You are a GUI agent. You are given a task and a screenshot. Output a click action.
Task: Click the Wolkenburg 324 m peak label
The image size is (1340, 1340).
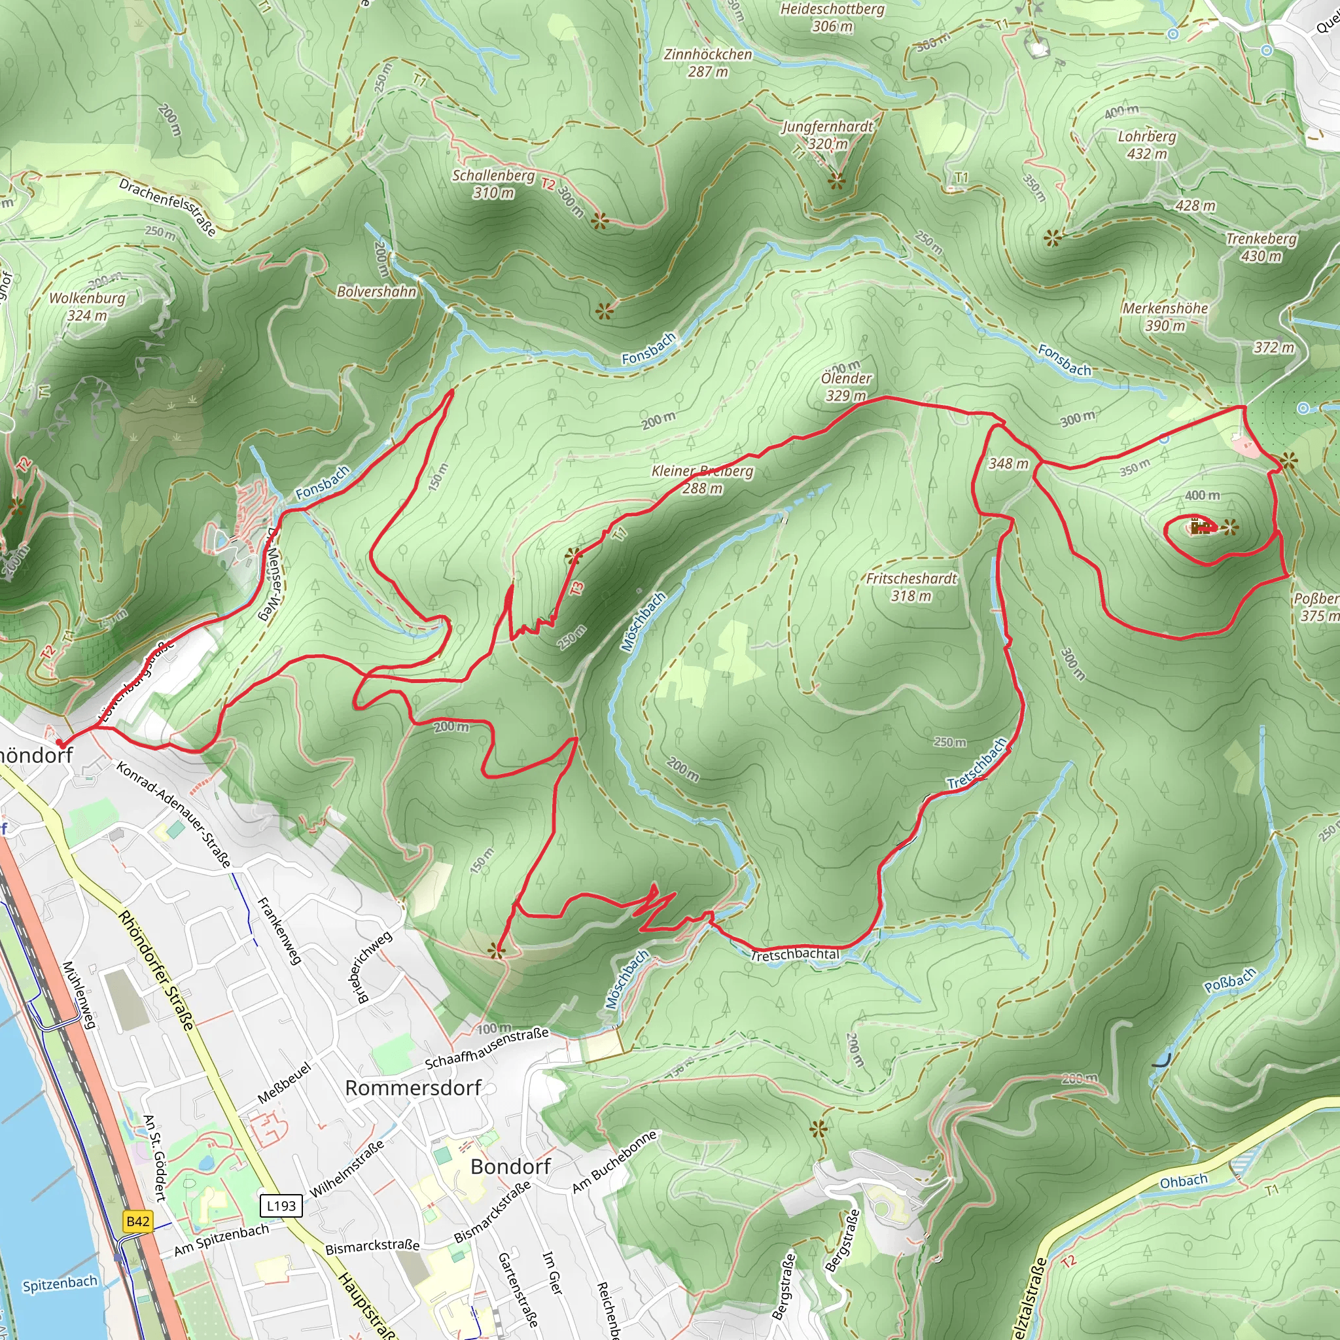point(87,306)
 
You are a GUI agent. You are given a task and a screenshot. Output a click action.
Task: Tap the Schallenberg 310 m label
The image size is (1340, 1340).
point(493,184)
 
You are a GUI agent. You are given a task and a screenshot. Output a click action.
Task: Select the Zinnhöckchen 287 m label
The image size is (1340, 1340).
point(707,62)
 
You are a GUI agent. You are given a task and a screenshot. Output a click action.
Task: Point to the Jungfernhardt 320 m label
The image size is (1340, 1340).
point(828,135)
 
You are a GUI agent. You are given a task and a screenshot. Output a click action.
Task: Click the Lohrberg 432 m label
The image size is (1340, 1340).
point(1146,144)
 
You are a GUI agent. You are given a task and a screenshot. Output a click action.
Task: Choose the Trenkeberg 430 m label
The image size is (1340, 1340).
point(1261,247)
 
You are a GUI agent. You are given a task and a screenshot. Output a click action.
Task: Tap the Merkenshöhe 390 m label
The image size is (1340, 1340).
point(1165,316)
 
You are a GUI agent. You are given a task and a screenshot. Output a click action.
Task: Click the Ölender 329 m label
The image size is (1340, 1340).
point(846,386)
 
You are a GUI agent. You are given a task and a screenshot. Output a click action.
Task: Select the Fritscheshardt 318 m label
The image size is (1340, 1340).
point(911,587)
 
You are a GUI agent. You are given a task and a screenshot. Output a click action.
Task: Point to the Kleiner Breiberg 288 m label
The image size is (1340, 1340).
point(702,479)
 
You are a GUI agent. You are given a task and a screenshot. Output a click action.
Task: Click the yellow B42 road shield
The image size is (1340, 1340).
point(137,1222)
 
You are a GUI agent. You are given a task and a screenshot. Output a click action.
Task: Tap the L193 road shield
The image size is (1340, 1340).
point(281,1205)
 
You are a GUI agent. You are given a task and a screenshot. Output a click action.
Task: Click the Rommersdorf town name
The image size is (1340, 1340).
point(414,1088)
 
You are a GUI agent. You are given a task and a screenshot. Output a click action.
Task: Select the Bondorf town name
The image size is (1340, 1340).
point(510,1167)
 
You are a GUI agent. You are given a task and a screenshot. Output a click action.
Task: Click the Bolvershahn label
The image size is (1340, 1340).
point(377,291)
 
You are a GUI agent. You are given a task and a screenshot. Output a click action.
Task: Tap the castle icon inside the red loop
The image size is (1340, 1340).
point(1199,528)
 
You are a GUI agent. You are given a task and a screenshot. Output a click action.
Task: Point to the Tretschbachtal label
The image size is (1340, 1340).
point(795,955)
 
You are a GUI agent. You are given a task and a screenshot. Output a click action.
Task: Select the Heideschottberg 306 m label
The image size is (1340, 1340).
point(832,18)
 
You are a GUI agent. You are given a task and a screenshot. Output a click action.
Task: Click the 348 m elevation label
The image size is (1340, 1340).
point(1008,463)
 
